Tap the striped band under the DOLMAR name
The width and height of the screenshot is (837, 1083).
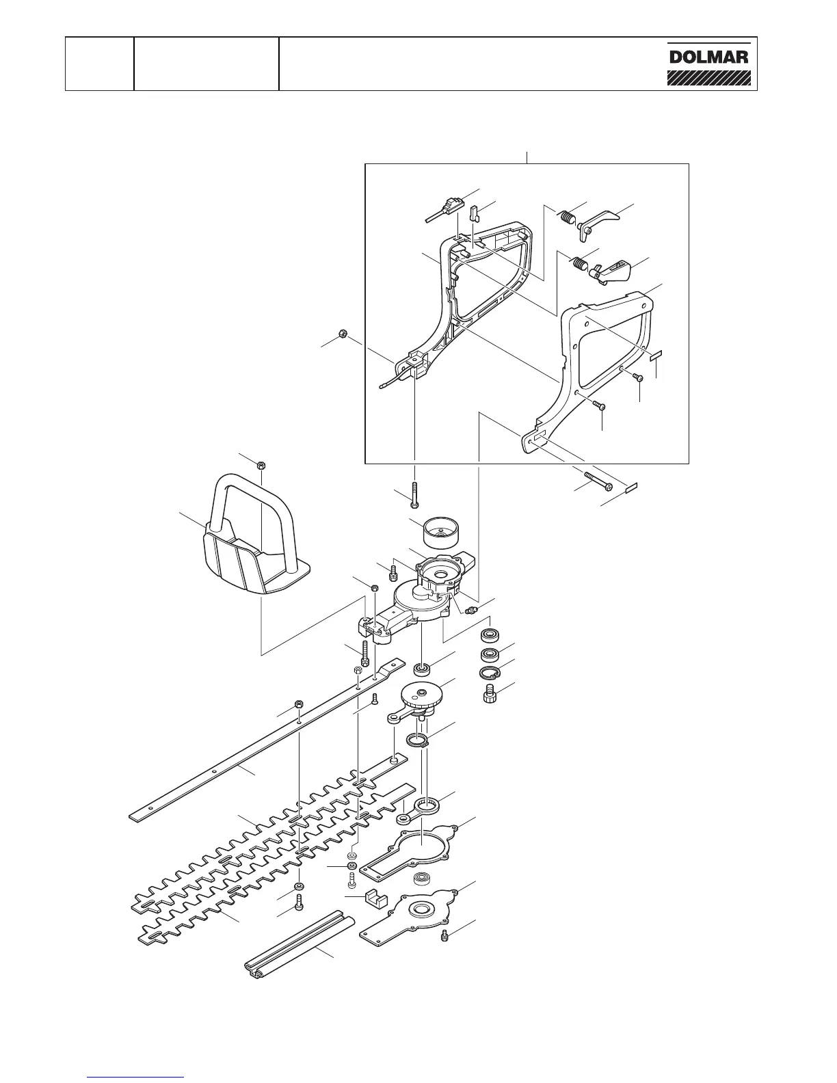click(708, 75)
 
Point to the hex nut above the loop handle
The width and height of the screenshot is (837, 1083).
click(261, 465)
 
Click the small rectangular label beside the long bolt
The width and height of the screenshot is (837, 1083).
click(630, 488)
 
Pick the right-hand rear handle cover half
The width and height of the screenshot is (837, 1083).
click(595, 356)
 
